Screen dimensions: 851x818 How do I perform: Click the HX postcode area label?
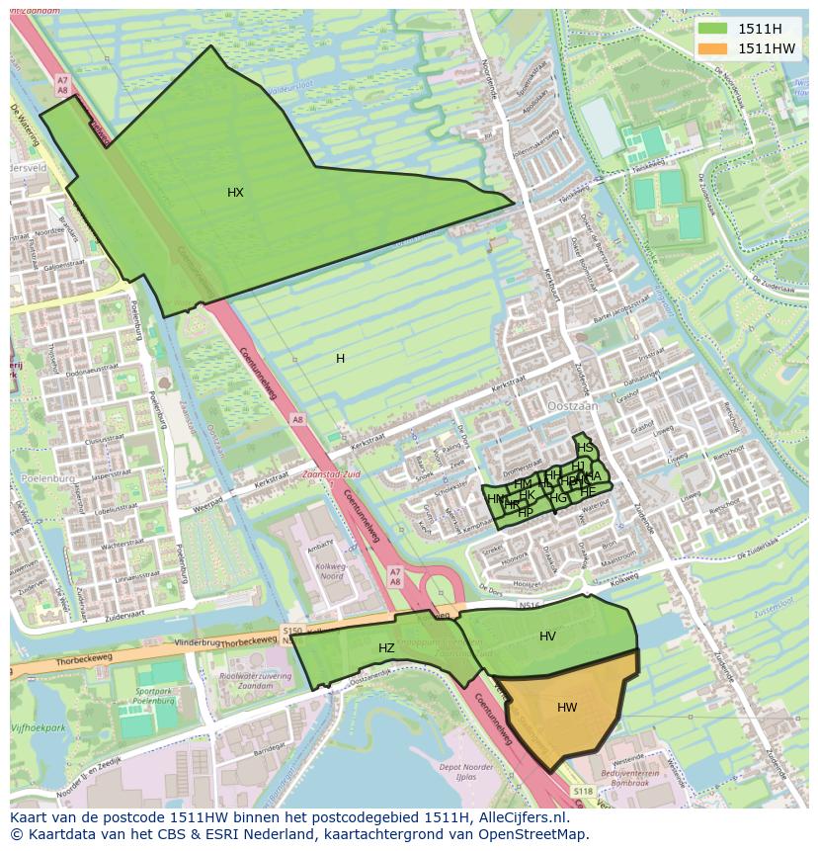235,193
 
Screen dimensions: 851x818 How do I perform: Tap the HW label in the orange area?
567,708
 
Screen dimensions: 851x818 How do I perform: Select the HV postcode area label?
547,637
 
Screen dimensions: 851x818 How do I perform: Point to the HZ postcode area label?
386,648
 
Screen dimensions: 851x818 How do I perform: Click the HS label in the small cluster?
586,448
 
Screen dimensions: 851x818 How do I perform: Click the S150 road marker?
291,630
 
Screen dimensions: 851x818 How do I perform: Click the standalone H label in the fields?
340,359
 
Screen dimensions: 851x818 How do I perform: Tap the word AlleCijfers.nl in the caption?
523,817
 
